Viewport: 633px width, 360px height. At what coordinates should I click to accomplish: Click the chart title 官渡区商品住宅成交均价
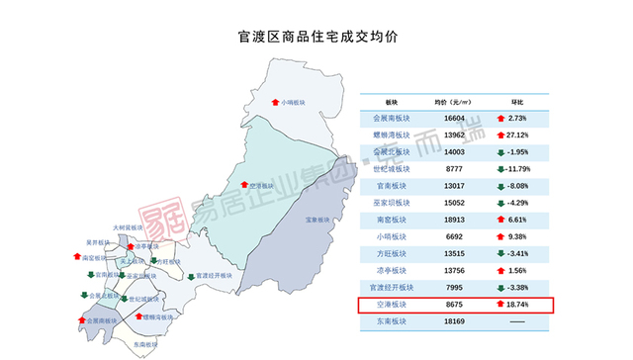[x=316, y=37]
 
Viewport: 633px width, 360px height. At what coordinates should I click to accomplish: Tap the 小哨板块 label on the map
[x=295, y=101]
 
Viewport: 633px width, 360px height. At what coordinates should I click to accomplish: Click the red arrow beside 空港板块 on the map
[x=243, y=185]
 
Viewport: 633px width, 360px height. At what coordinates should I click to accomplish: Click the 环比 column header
[x=516, y=102]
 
